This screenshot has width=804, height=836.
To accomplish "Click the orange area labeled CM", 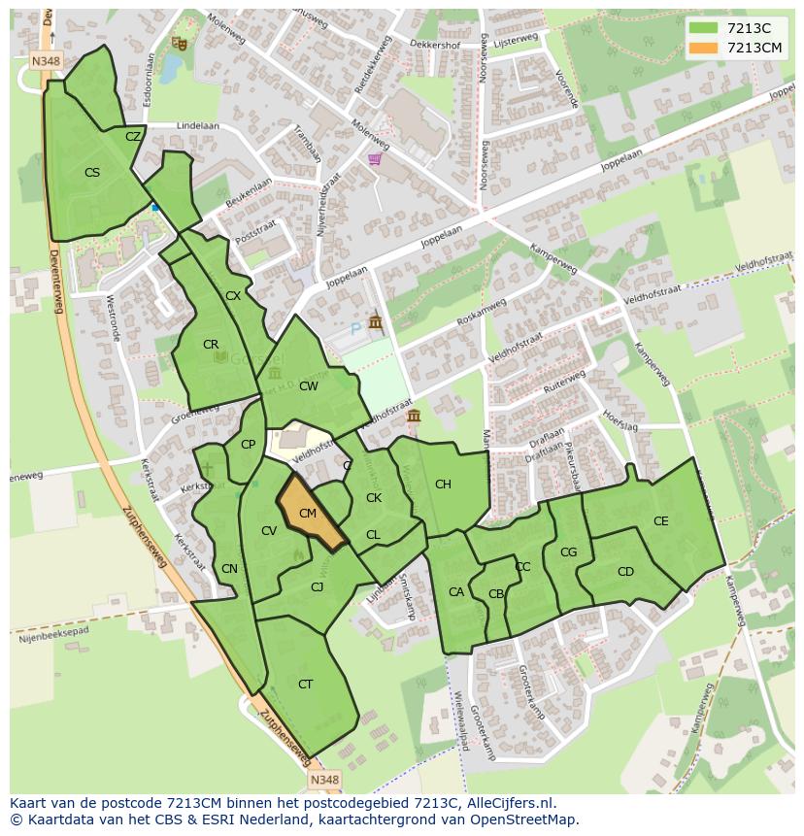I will (310, 514).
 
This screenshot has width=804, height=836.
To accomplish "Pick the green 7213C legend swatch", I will (704, 28).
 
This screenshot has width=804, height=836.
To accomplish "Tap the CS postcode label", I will (92, 173).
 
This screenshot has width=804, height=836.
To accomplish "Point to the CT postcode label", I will (306, 685).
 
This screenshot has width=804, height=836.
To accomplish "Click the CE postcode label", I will (661, 521).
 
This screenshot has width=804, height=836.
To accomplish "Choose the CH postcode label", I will (443, 485).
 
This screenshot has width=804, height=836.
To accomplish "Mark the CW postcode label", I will (309, 386).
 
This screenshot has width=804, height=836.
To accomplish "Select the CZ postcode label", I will (133, 137).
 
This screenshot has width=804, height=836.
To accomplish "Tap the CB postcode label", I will (496, 594).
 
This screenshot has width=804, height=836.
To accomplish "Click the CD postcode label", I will (625, 572).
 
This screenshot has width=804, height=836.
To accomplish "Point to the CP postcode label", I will (249, 445).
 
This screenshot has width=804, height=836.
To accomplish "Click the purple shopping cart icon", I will (375, 159).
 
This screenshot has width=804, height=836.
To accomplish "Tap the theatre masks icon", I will (178, 43).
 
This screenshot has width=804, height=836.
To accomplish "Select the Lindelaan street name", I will (198, 126).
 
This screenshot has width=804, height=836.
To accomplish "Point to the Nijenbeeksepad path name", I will (53, 634).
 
